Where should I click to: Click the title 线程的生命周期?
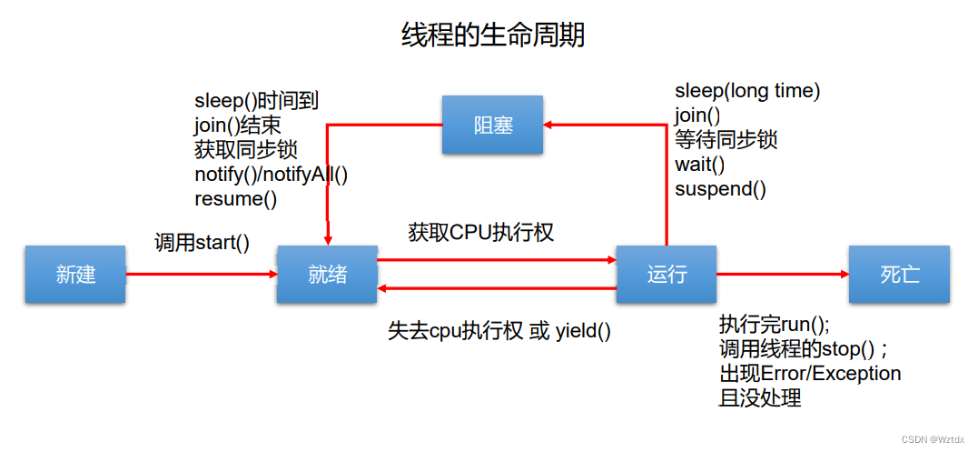pyautogui.click(x=493, y=35)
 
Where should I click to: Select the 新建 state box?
pyautogui.click(x=75, y=275)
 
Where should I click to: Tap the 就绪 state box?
pyautogui.click(x=327, y=275)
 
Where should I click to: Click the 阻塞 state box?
pyautogui.click(x=492, y=126)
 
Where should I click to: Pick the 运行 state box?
pyautogui.click(x=666, y=275)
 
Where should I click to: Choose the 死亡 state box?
pyautogui.click(x=899, y=275)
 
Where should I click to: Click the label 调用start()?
pyautogui.click(x=202, y=243)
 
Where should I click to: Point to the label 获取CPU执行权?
pyautogui.click(x=480, y=233)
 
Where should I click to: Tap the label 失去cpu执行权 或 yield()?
pyautogui.click(x=499, y=331)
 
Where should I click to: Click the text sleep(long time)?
pyautogui.click(x=747, y=91)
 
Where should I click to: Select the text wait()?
pyautogui.click(x=699, y=165)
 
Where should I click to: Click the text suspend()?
pyautogui.click(x=720, y=189)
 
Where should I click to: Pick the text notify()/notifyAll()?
pyautogui.click(x=271, y=174)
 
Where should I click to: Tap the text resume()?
pyautogui.click(x=235, y=198)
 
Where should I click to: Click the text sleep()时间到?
pyautogui.click(x=256, y=100)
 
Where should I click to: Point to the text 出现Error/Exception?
pyautogui.click(x=810, y=373)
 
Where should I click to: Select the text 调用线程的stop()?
pyautogui.click(x=803, y=349)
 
